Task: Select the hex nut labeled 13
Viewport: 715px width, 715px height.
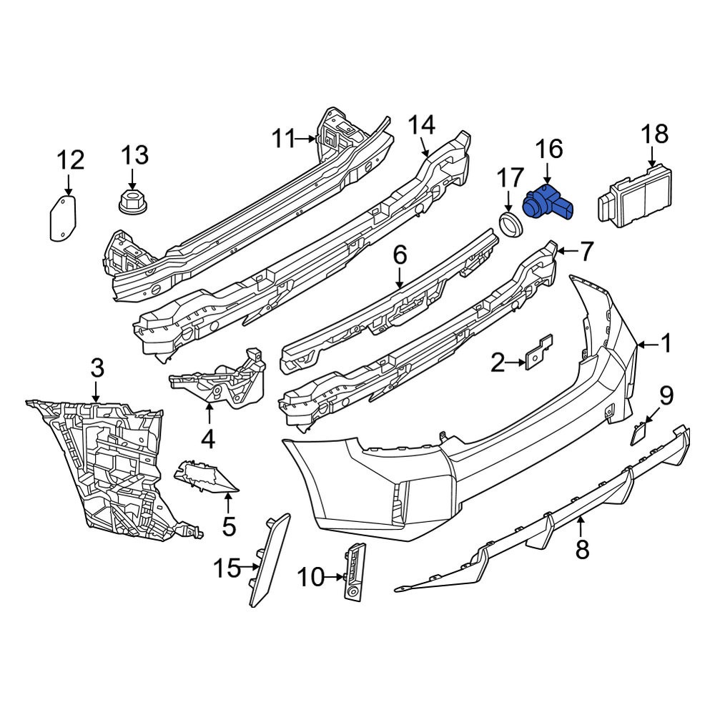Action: (x=132, y=202)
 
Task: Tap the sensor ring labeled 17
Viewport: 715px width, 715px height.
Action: (x=511, y=223)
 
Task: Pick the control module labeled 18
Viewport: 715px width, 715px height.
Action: (x=636, y=197)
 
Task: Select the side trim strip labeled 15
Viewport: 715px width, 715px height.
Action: (x=270, y=560)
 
